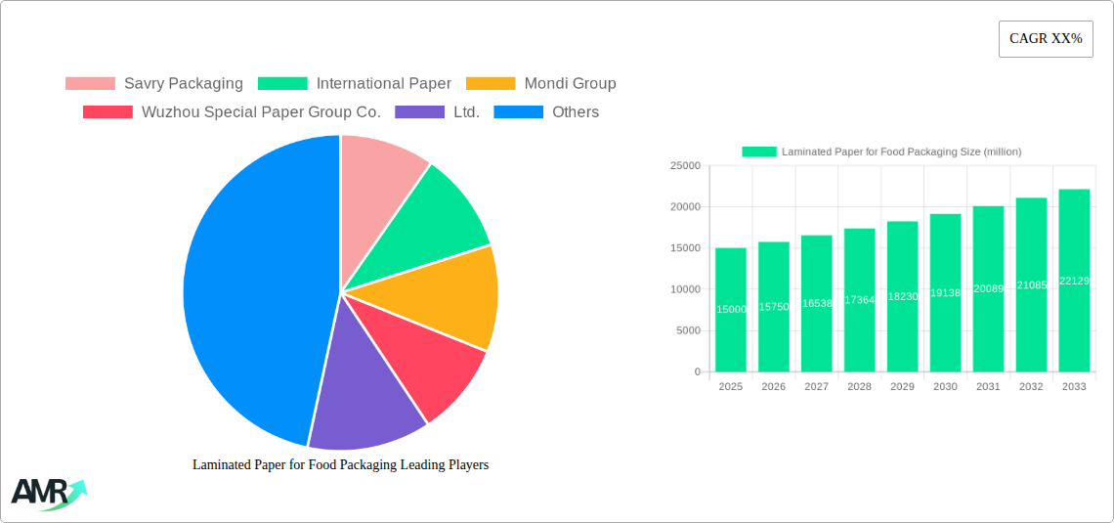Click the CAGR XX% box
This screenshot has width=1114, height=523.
1046,39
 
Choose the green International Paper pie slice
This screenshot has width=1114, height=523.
435,220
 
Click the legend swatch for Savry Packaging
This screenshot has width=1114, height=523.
90,83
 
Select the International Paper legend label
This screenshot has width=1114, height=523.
383,83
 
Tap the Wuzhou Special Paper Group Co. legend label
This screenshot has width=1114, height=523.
261,111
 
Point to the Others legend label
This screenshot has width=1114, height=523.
576,111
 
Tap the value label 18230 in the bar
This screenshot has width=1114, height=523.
902,296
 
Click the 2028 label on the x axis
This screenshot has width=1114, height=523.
859,387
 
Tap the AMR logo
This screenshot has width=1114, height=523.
47,494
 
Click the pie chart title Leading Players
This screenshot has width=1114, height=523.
340,464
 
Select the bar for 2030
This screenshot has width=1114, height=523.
945,293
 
